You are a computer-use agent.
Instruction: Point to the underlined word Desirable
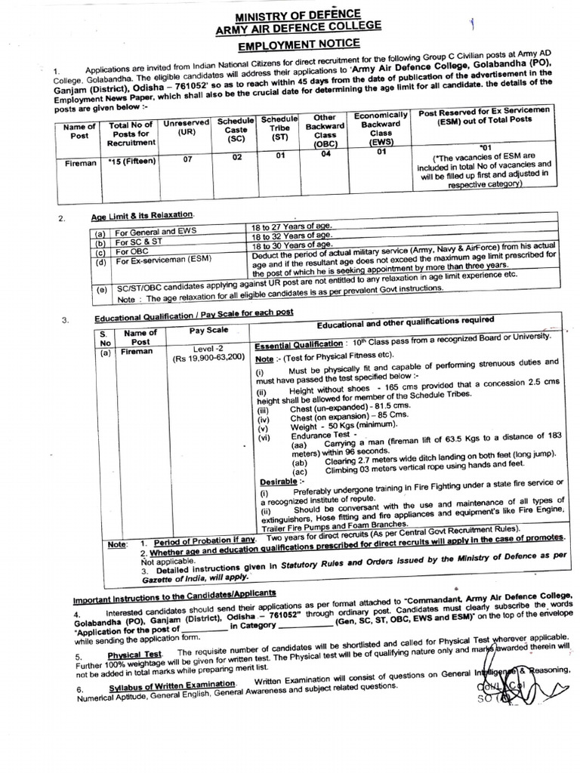click(x=281, y=481)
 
